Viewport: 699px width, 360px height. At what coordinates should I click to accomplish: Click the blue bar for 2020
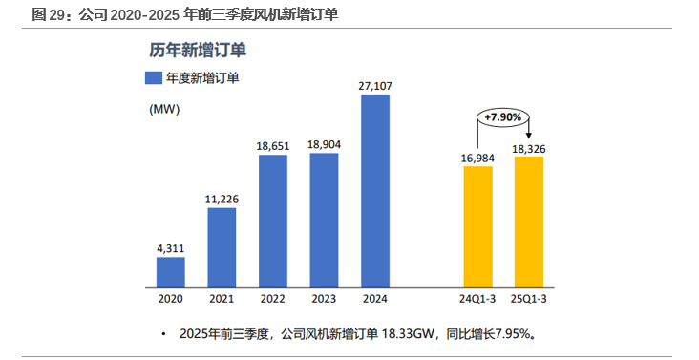point(171,271)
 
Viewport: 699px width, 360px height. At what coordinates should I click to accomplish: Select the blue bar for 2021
point(222,246)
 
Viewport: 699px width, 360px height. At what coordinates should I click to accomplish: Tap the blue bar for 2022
point(273,220)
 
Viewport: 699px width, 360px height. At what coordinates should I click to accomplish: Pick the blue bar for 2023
point(324,219)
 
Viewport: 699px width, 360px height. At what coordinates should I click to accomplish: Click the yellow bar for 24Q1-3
point(477,225)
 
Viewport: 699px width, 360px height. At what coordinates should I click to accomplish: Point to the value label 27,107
point(375,86)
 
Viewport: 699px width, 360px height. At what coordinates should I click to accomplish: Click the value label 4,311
point(171,248)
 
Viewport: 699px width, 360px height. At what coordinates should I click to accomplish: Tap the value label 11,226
point(222,199)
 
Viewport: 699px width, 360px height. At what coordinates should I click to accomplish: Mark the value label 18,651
point(273,146)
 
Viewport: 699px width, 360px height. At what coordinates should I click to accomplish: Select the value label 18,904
point(324,144)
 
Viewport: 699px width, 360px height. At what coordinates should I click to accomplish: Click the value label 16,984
point(477,158)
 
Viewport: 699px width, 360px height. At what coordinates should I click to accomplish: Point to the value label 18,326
point(528,149)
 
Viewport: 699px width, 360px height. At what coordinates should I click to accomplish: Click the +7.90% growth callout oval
point(502,116)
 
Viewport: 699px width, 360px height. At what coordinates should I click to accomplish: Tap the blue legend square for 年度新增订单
point(153,78)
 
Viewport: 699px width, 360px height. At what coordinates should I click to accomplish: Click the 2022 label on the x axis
point(273,299)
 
